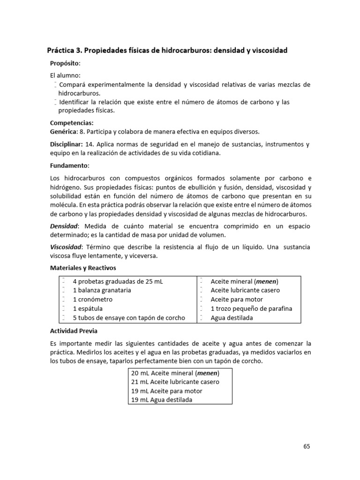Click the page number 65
point(306,446)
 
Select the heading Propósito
point(65,63)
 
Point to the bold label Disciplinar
point(66,144)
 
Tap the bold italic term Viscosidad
point(66,247)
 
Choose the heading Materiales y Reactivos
point(83,268)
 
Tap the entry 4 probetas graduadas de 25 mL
point(118,281)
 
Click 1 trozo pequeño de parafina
point(251,308)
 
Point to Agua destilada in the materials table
point(232,318)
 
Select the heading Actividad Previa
point(72,331)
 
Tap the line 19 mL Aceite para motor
point(166,391)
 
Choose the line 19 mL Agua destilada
point(162,400)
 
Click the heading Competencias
point(72,123)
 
